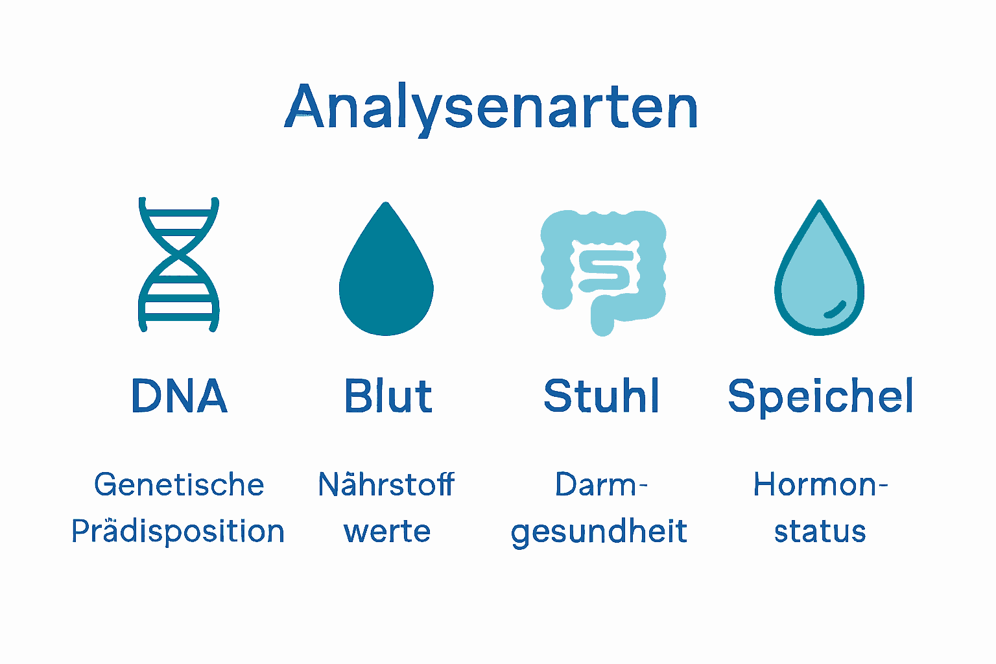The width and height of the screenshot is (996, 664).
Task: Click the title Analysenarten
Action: [x=491, y=108]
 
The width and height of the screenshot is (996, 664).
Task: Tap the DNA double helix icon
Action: [x=179, y=265]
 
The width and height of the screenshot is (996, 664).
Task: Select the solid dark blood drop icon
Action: [x=386, y=279]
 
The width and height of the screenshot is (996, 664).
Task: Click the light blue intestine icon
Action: [x=603, y=269]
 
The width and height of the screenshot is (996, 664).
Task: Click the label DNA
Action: [x=179, y=396]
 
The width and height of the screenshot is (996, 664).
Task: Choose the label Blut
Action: [x=388, y=396]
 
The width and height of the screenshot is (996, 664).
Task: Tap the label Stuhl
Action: [x=601, y=396]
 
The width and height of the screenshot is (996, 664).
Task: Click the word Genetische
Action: [x=179, y=485]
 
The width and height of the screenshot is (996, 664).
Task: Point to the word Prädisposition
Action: [x=178, y=531]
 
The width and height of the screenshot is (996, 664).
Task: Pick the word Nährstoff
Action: [x=386, y=484]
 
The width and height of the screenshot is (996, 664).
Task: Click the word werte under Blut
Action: [x=387, y=532]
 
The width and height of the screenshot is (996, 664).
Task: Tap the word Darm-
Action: [x=601, y=484]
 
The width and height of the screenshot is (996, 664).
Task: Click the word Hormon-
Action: [x=820, y=484]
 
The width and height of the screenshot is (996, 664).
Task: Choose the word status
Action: [x=820, y=532]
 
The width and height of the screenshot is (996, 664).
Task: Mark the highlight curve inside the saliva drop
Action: [x=835, y=310]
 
